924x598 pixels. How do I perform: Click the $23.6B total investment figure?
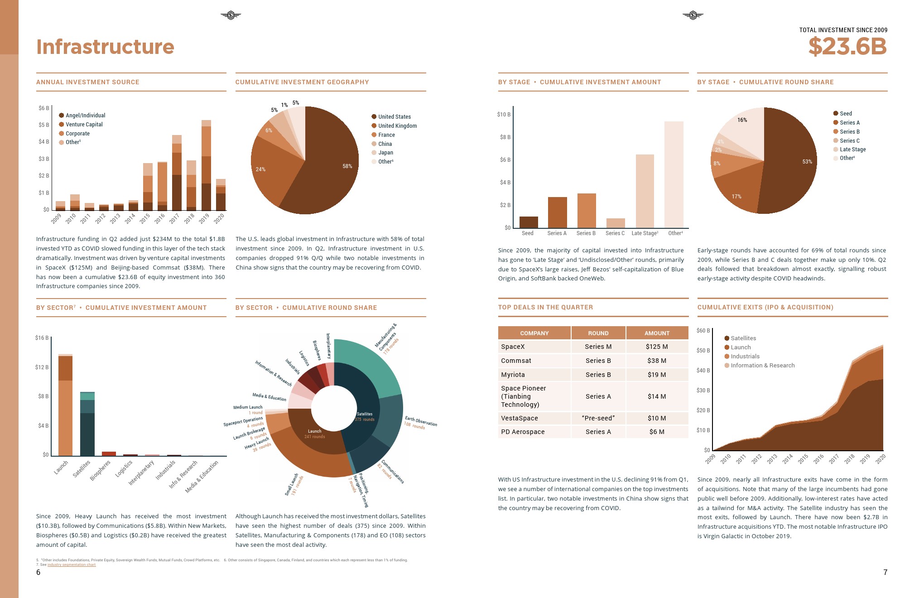pyautogui.click(x=847, y=47)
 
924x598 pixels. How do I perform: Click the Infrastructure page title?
pyautogui.click(x=105, y=47)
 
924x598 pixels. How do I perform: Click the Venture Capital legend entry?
pyautogui.click(x=84, y=125)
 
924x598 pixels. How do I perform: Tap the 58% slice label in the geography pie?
pyautogui.click(x=347, y=166)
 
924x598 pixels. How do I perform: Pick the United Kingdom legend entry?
pyautogui.click(x=397, y=126)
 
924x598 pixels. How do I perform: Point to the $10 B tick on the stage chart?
pyautogui.click(x=504, y=115)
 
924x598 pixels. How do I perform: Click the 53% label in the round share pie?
pyautogui.click(x=807, y=162)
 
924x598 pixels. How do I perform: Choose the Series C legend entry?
pyautogui.click(x=849, y=141)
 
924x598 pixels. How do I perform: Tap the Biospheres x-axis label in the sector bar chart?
pyautogui.click(x=100, y=470)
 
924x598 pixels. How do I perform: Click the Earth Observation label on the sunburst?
pyautogui.click(x=421, y=421)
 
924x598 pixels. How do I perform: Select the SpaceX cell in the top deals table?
pyautogui.click(x=513, y=347)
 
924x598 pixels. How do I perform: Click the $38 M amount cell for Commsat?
pyautogui.click(x=657, y=361)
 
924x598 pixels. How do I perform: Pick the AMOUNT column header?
pyautogui.click(x=657, y=333)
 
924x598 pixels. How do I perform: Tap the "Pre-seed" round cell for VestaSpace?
pyautogui.click(x=598, y=418)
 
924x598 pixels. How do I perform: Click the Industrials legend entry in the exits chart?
pyautogui.click(x=745, y=357)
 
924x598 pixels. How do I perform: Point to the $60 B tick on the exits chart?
pyautogui.click(x=703, y=331)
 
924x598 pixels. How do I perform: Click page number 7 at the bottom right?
pyautogui.click(x=885, y=572)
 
